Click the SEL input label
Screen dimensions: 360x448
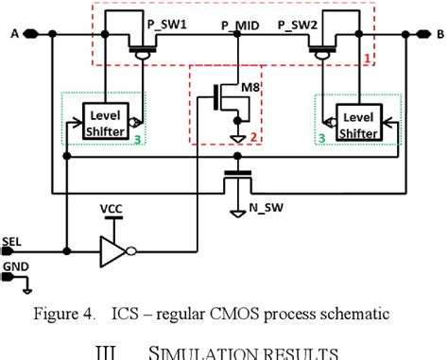12,241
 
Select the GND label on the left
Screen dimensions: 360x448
13,267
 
